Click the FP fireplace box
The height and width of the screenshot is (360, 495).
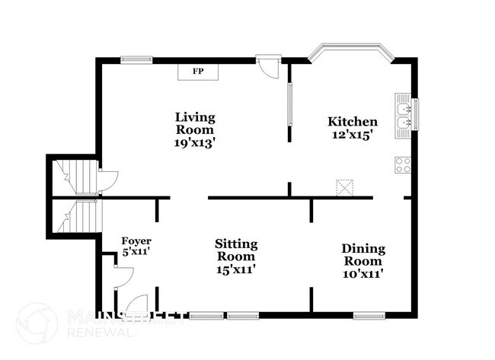[198, 72]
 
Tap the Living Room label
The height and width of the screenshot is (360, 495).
[195, 123]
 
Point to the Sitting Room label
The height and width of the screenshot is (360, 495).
[236, 250]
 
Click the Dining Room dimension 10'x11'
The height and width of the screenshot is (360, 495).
[363, 274]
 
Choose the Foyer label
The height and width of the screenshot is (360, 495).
[136, 241]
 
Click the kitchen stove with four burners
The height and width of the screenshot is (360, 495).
[403, 165]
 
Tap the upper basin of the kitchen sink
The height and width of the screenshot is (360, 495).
[404, 109]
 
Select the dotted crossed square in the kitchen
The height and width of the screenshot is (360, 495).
[344, 188]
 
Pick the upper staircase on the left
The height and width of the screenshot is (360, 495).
[75, 177]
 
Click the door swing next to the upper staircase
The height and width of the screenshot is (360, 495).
[107, 181]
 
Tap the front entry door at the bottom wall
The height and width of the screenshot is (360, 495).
[136, 304]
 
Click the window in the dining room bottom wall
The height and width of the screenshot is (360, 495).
[369, 315]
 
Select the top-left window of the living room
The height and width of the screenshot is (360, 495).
[136, 60]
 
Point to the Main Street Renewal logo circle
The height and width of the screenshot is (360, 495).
[37, 323]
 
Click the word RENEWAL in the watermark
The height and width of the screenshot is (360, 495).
[102, 333]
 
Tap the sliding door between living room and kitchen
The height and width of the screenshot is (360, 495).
[290, 104]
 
